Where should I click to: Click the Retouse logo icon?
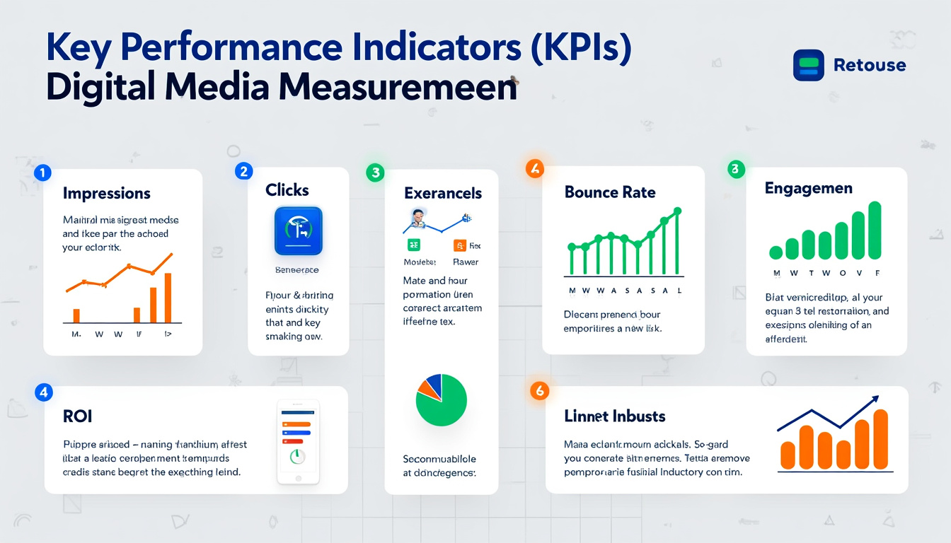809,65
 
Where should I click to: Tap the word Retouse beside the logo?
870,65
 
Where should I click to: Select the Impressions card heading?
106,193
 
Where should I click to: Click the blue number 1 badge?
42,172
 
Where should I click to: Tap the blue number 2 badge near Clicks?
244,170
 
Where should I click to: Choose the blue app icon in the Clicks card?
298,230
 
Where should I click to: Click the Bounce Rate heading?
610,192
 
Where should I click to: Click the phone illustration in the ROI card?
298,442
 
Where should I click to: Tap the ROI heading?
77,416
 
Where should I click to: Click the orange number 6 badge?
539,391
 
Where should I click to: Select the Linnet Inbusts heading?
615,416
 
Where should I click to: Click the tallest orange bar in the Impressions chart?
168,298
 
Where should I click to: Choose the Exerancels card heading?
443,193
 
